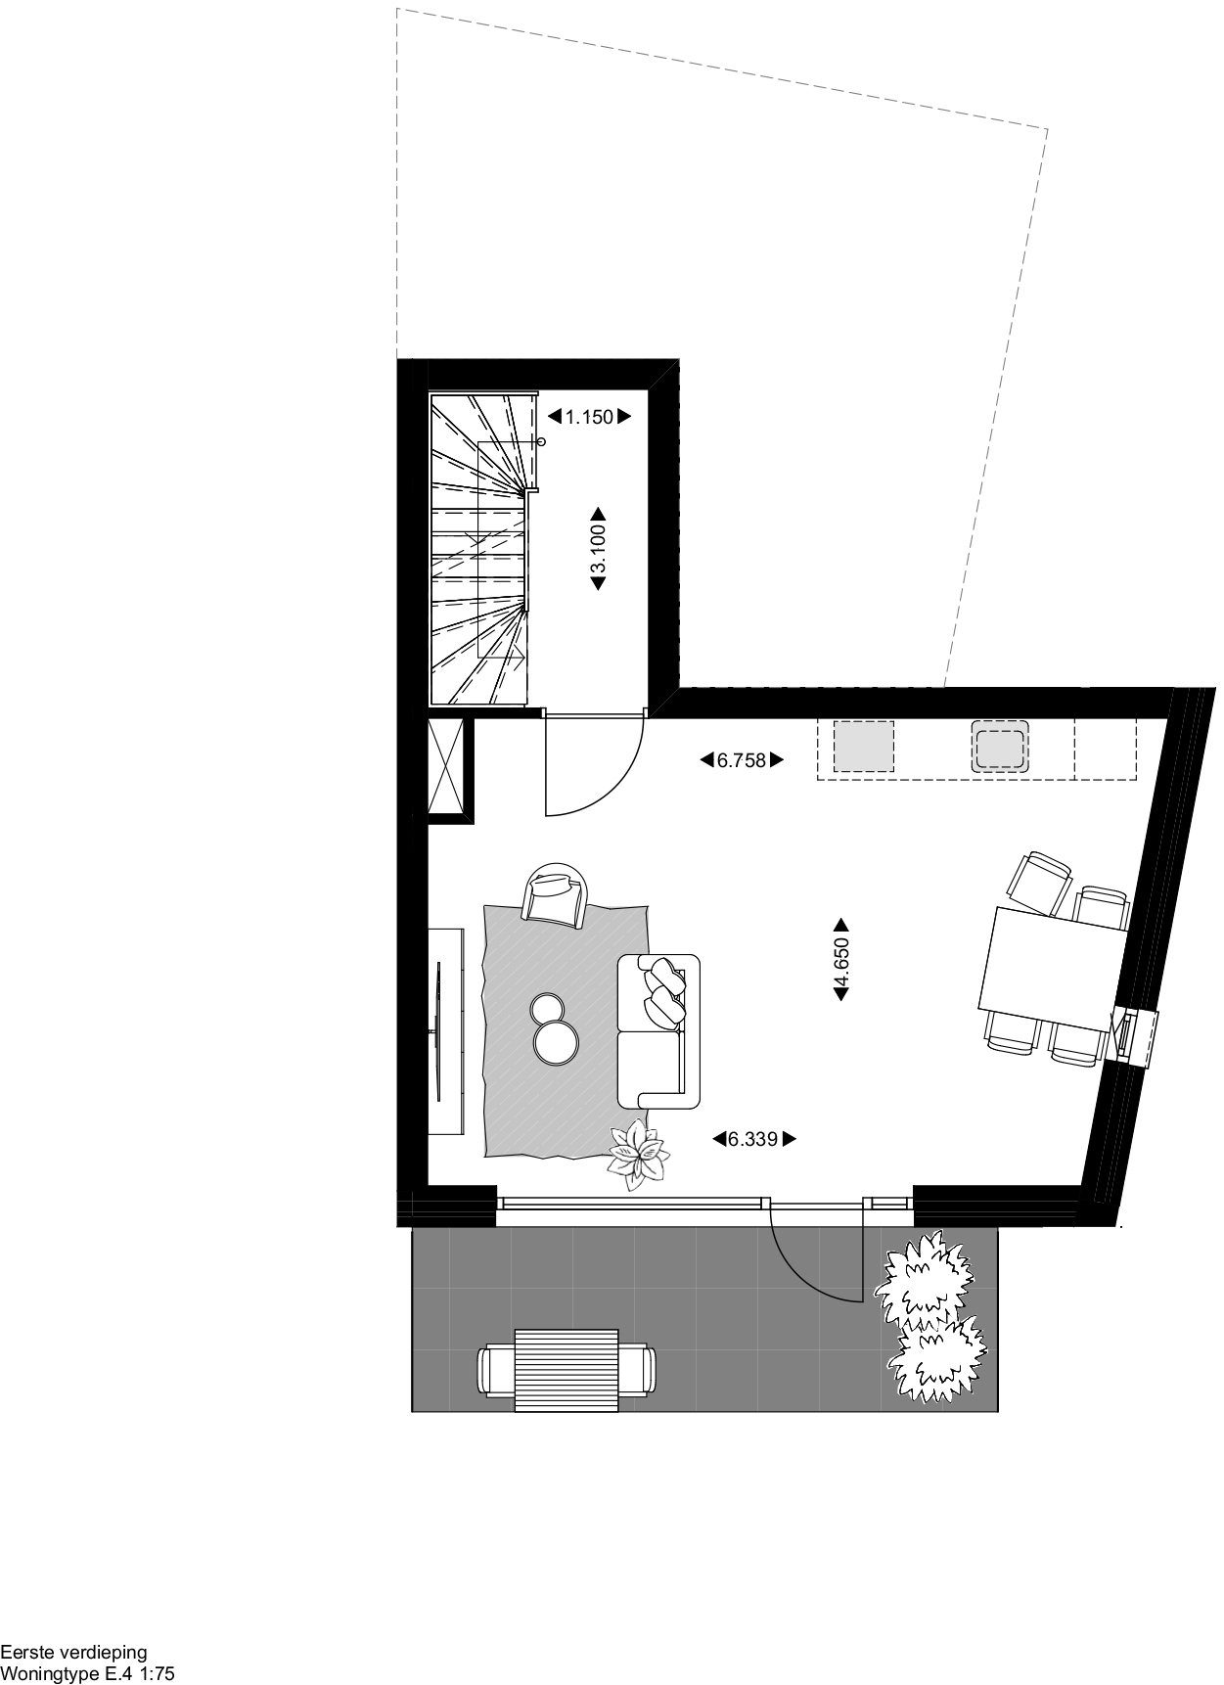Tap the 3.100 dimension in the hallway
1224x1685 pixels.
(598, 548)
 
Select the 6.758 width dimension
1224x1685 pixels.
(742, 760)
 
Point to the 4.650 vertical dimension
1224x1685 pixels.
(840, 960)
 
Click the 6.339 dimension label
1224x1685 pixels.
(753, 1139)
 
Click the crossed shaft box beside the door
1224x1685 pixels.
(450, 766)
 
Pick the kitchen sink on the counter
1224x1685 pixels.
(1001, 747)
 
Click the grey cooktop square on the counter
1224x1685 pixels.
(864, 747)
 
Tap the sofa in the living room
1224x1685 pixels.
(658, 1030)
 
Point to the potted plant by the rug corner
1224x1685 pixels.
(639, 1155)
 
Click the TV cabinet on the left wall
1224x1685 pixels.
(447, 1030)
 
